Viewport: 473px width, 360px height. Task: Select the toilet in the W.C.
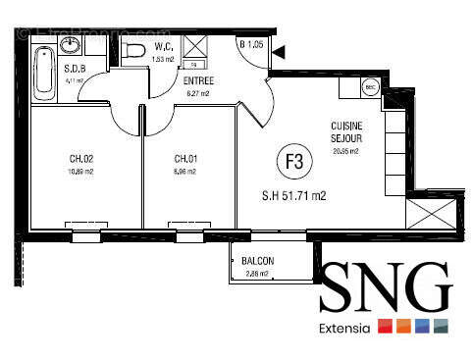click(136, 50)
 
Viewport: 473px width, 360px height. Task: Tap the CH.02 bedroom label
click(81, 159)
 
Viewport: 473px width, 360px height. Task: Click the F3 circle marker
click(291, 161)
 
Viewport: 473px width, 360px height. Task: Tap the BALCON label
click(257, 261)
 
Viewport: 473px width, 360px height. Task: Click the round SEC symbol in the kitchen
click(370, 87)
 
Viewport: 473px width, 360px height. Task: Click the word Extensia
click(344, 329)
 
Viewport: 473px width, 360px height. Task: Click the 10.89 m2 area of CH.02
click(81, 172)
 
